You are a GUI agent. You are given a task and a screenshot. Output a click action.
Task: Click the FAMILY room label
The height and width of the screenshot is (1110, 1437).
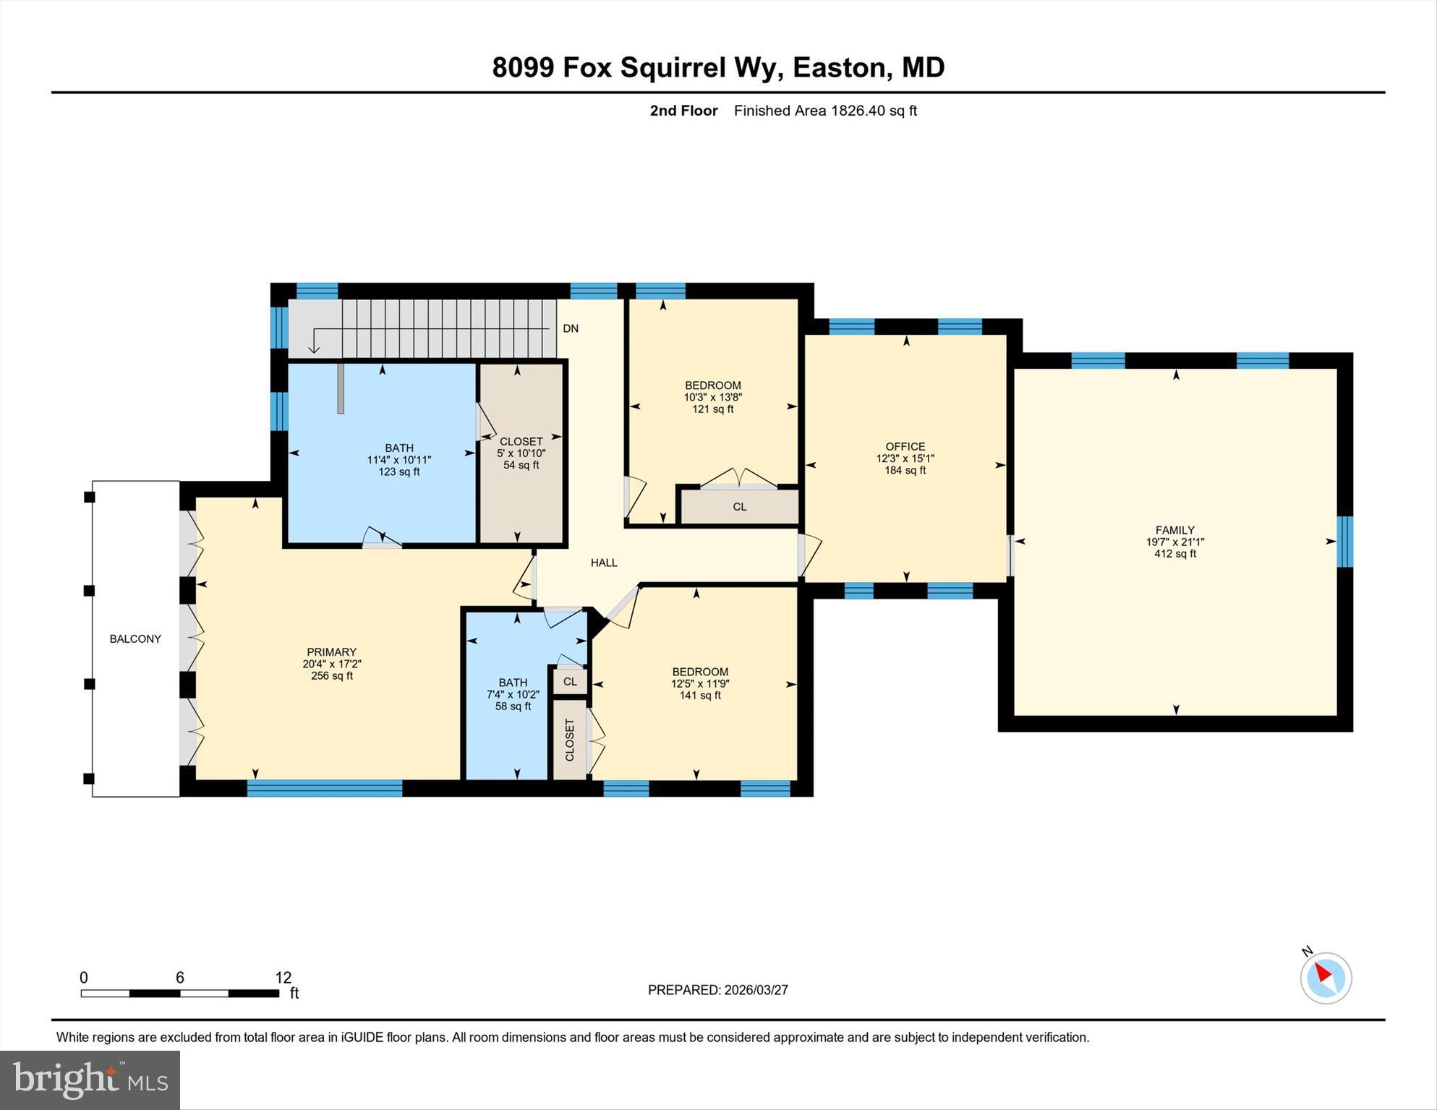tap(1174, 530)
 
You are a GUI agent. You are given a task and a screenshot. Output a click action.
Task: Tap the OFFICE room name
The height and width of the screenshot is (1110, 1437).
tap(905, 446)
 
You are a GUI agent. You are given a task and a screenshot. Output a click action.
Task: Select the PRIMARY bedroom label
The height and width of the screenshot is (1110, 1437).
tap(331, 652)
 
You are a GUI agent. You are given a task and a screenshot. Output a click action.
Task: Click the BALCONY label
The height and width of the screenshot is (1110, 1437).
tap(135, 639)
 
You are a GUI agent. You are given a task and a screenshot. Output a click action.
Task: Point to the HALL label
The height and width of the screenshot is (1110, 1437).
tap(604, 563)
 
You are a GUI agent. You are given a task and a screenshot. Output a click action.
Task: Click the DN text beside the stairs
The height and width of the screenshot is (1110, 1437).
tap(571, 328)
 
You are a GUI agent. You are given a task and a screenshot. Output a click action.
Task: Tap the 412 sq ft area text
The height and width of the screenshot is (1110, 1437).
tap(1174, 554)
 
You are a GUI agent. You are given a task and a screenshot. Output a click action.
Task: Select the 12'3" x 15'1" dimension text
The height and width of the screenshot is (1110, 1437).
tap(905, 458)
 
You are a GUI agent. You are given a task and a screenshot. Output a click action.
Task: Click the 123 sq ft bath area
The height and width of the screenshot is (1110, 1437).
tap(398, 471)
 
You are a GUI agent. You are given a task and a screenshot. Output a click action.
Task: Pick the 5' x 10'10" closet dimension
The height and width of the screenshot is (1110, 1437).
tap(521, 453)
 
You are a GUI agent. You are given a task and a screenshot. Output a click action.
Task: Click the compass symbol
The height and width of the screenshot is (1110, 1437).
tap(1326, 977)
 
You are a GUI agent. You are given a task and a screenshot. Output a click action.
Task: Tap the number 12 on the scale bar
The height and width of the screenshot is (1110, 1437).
tap(283, 978)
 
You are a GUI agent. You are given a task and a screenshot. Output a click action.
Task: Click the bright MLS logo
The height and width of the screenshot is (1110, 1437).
tap(90, 1080)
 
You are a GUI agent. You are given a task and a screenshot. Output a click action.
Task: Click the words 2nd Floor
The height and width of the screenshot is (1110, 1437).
tap(683, 111)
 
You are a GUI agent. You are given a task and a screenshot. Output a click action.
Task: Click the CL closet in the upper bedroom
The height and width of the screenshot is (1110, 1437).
tap(739, 507)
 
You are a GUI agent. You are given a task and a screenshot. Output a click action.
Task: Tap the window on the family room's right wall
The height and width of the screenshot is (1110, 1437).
tap(1344, 541)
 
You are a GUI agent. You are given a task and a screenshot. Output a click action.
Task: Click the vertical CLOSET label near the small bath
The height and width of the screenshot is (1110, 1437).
tap(569, 739)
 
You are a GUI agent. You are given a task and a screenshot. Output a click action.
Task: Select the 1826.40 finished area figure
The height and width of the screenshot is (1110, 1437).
tap(858, 111)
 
